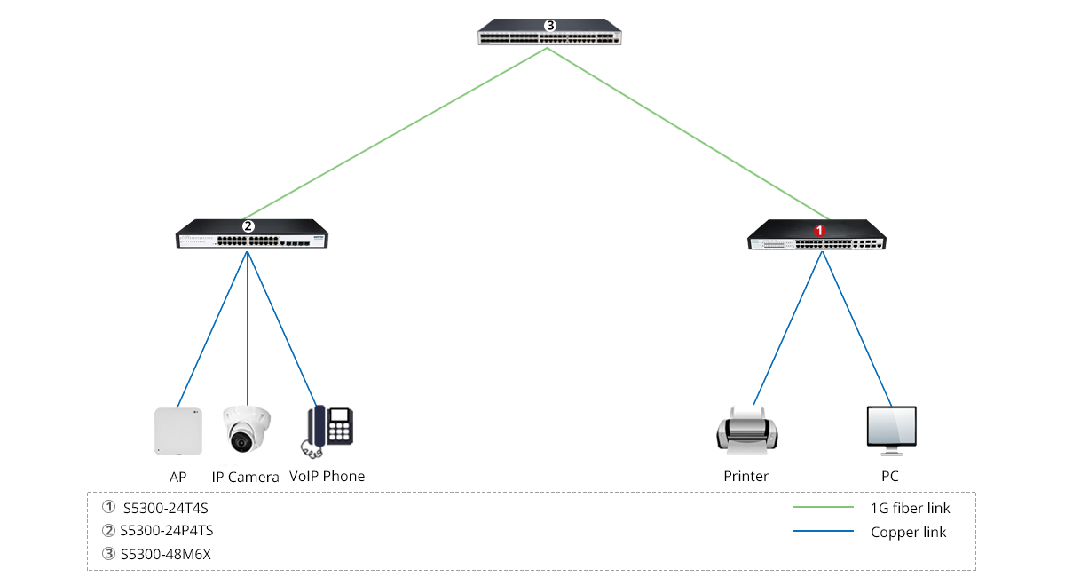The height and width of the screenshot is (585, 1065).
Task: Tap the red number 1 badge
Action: (x=820, y=230)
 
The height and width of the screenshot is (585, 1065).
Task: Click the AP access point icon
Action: (x=177, y=431)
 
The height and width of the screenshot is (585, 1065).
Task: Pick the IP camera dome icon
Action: (x=246, y=429)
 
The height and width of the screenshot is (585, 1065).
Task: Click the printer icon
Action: (x=746, y=430)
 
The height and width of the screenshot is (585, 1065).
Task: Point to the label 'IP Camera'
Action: (x=246, y=477)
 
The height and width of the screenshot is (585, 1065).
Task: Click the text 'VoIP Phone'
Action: (x=327, y=477)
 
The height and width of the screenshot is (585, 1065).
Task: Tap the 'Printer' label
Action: (x=746, y=477)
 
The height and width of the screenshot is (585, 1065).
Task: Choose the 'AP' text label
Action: (x=177, y=477)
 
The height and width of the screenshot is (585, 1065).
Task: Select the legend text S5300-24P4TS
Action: (x=167, y=532)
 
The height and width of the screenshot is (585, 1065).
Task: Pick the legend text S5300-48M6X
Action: (x=166, y=555)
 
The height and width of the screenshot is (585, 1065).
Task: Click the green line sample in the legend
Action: (x=823, y=508)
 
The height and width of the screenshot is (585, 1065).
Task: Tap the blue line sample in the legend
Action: (x=823, y=532)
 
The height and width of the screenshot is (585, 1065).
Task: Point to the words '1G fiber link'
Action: (x=911, y=509)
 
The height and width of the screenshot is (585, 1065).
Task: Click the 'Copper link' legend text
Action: (x=909, y=533)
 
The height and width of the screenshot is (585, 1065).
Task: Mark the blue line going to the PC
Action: (x=857, y=328)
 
